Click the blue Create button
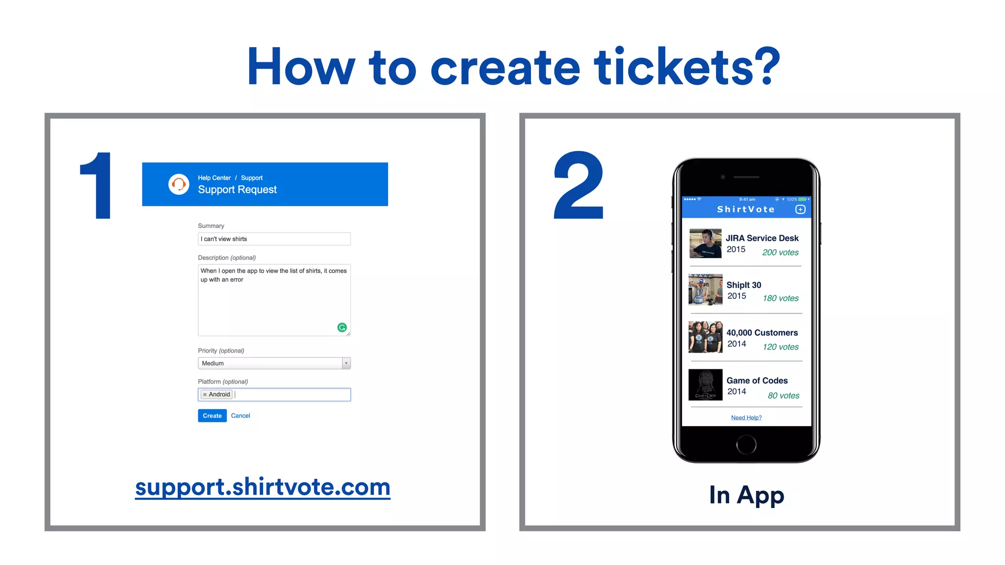[x=212, y=415]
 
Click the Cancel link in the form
[x=240, y=415]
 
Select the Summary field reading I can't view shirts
[x=274, y=239]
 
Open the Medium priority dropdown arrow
[x=346, y=363]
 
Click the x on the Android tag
[x=205, y=395]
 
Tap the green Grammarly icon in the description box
[x=342, y=328]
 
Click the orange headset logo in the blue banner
[x=179, y=184]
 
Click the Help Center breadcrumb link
[x=214, y=178]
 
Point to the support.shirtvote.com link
[x=263, y=487]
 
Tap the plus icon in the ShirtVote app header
[x=800, y=209]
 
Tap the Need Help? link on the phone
[x=746, y=418]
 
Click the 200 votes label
[x=780, y=253]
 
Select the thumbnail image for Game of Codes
[x=705, y=385]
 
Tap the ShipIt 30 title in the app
[x=743, y=285]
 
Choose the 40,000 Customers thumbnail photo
[x=705, y=337]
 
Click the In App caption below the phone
[x=746, y=495]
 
